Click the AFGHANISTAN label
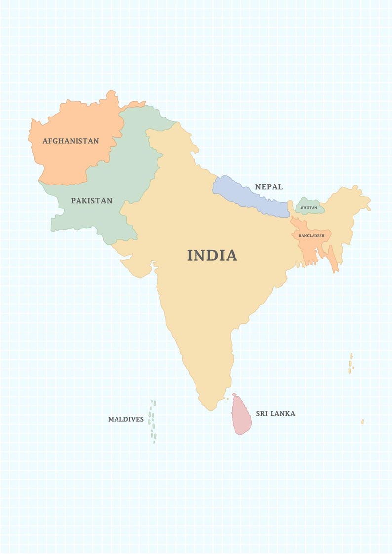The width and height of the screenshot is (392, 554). tap(71, 141)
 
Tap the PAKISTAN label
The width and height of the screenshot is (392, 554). tap(91, 201)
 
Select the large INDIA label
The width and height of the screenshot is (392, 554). tap(212, 256)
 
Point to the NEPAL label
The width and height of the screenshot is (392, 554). tap(269, 187)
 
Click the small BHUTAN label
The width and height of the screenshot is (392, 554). tap(309, 208)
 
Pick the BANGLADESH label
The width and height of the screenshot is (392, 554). tap(312, 236)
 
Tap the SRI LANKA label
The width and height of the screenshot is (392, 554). tap(275, 414)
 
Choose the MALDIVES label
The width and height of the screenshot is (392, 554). tap(126, 420)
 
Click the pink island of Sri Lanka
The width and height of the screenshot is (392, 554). tap(241, 417)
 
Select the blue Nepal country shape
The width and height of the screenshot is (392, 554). tap(247, 195)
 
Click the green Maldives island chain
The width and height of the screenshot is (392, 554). tap(153, 422)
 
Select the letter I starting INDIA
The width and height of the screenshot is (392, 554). tap(190, 256)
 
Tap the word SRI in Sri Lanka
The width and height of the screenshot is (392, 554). tap(262, 414)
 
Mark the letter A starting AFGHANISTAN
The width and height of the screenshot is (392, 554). tap(45, 141)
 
